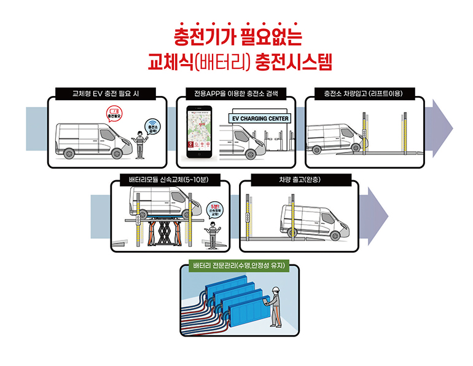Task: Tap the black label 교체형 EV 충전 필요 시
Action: point(104,94)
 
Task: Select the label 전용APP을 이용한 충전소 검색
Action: point(236,94)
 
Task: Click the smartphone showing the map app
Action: point(200,133)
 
